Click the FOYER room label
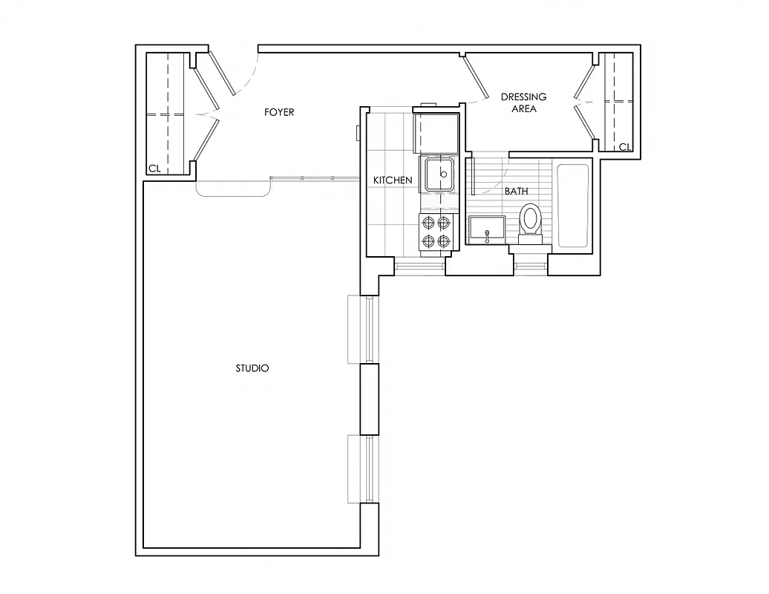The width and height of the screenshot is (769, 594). click(x=279, y=113)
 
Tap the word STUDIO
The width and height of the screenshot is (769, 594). click(x=252, y=368)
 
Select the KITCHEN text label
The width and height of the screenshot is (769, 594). click(x=393, y=180)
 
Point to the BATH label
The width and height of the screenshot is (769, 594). click(x=517, y=192)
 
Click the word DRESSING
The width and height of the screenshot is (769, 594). click(x=523, y=97)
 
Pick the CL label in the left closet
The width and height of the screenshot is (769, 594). click(x=154, y=169)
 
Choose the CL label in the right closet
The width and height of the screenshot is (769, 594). click(x=624, y=147)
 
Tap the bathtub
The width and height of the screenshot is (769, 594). click(x=572, y=206)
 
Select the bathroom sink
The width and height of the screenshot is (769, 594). click(x=487, y=229)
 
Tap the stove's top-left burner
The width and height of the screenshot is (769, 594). click(x=428, y=222)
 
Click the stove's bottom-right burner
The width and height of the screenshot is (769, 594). click(x=445, y=241)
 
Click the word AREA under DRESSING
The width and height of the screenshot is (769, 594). click(x=523, y=109)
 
